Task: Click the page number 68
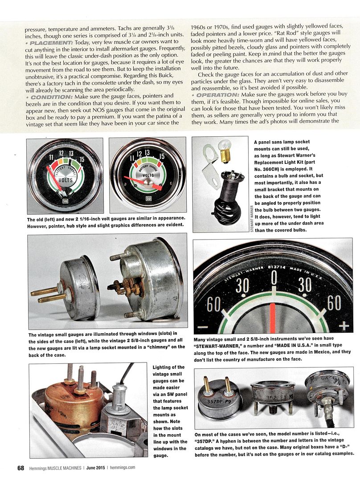(20, 468)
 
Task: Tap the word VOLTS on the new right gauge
(148, 175)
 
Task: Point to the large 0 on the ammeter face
(274, 280)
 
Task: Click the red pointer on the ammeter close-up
(274, 318)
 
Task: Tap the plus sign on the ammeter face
(343, 326)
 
